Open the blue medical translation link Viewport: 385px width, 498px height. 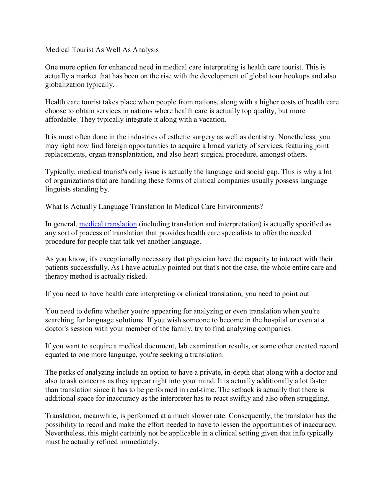[108, 224]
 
